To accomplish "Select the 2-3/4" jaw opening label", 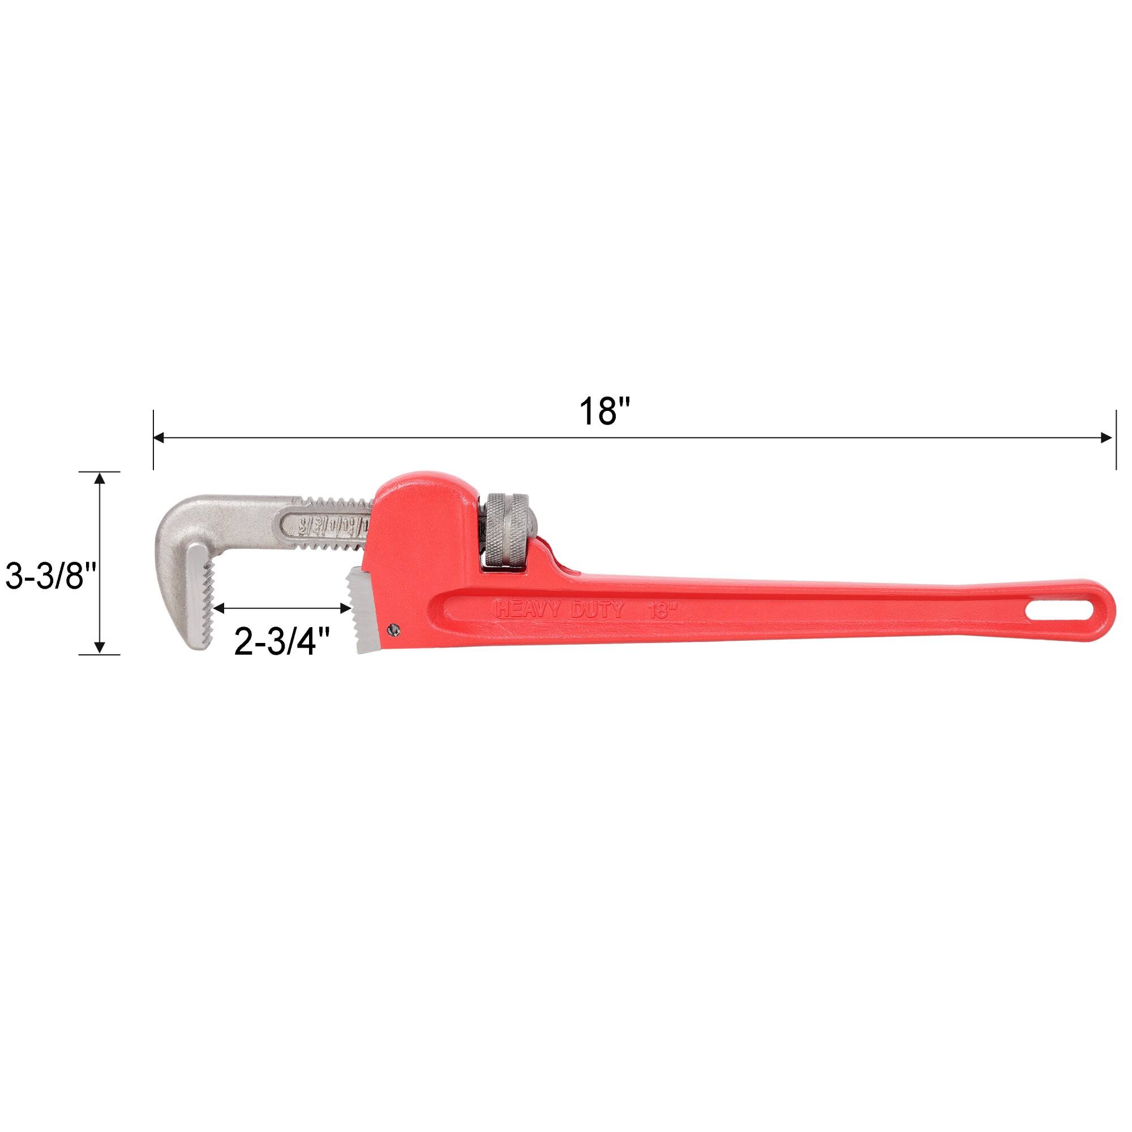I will coord(283,642).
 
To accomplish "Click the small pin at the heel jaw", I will coord(394,629).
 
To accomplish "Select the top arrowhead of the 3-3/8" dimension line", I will coord(100,478).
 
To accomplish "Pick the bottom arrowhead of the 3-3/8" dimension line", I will coord(100,647).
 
